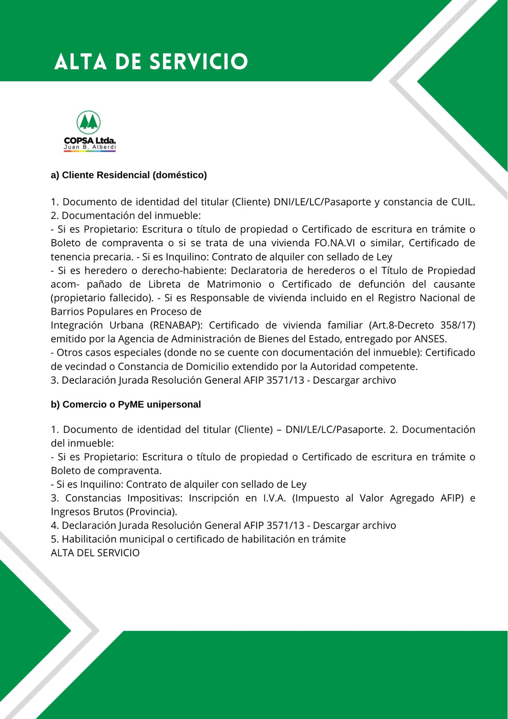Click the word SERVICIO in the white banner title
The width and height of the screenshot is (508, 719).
click(x=198, y=62)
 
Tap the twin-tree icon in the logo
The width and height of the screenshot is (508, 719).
click(x=89, y=122)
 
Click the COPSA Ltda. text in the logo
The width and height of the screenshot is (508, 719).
click(x=90, y=141)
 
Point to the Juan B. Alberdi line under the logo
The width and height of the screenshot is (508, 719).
click(x=90, y=147)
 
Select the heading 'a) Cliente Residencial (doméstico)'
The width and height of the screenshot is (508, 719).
click(x=129, y=175)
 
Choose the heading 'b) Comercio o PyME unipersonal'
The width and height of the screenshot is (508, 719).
click(x=126, y=404)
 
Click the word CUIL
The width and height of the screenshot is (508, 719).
click(x=463, y=202)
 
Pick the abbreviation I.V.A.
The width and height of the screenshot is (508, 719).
click(x=272, y=498)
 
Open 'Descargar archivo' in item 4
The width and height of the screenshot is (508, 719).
click(x=355, y=525)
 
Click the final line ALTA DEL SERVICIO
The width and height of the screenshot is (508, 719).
click(x=95, y=553)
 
